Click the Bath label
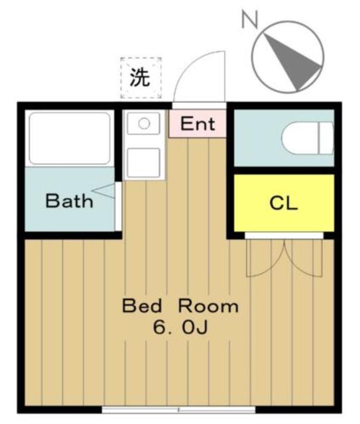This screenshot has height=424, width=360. (70, 201)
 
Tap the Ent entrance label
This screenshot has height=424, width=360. (198, 124)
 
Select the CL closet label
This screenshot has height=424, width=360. (284, 203)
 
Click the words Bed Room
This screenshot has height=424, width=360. (180, 305)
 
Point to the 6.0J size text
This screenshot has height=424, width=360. (180, 327)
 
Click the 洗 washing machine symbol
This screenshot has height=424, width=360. (141, 78)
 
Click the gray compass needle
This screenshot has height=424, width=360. (292, 62)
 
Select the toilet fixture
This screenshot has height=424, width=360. (307, 138)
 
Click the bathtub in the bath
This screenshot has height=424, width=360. (70, 138)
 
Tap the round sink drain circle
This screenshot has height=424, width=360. (144, 124)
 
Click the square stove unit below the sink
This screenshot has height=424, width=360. (143, 162)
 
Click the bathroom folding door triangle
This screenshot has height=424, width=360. (104, 191)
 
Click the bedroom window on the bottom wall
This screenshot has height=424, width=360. (178, 409)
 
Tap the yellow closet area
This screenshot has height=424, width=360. (284, 203)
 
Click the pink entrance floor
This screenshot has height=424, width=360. (198, 124)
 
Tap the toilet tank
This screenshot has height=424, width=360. (326, 138)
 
